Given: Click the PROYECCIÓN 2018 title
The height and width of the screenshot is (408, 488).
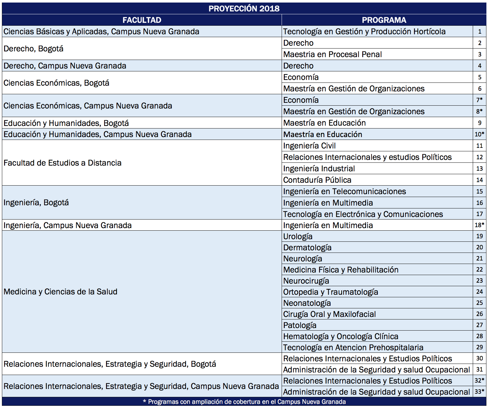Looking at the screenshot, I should tap(244, 9).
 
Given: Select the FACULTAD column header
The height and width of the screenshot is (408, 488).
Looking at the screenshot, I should tap(142, 20).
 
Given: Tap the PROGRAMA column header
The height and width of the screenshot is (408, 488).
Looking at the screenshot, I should tap(384, 20).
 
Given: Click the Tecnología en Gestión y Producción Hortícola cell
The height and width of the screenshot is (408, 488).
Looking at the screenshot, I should tap(364, 31).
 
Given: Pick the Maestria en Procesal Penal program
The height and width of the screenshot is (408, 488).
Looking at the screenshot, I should tap(332, 54).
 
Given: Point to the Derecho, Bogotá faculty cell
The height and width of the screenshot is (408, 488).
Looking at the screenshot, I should tap(34, 49).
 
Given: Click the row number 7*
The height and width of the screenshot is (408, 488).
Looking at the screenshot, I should tap(479, 100).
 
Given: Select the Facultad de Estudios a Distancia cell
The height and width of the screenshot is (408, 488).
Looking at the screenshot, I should tap(63, 163).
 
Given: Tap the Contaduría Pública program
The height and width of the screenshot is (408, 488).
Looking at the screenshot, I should tap(317, 180).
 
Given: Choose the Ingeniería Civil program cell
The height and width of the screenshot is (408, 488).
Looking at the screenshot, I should tap(309, 146).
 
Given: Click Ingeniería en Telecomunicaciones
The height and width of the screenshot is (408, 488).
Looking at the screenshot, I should tap(344, 191).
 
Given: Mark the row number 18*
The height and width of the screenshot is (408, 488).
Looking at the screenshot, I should tap(479, 225).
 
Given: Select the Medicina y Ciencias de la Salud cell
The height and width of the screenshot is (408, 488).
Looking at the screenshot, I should tap(60, 292).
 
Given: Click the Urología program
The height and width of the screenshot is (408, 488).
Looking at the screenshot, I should tap(298, 236).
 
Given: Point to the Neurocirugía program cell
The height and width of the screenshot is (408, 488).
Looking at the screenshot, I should tap(306, 281).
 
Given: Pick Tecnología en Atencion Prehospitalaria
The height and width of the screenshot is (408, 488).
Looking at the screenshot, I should tap(353, 347).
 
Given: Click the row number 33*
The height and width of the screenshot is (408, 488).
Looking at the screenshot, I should tap(479, 392).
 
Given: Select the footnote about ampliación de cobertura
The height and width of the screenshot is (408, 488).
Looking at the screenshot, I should tap(244, 402).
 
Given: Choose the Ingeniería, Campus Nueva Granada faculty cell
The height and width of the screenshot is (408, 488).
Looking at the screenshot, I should tap(68, 225).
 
